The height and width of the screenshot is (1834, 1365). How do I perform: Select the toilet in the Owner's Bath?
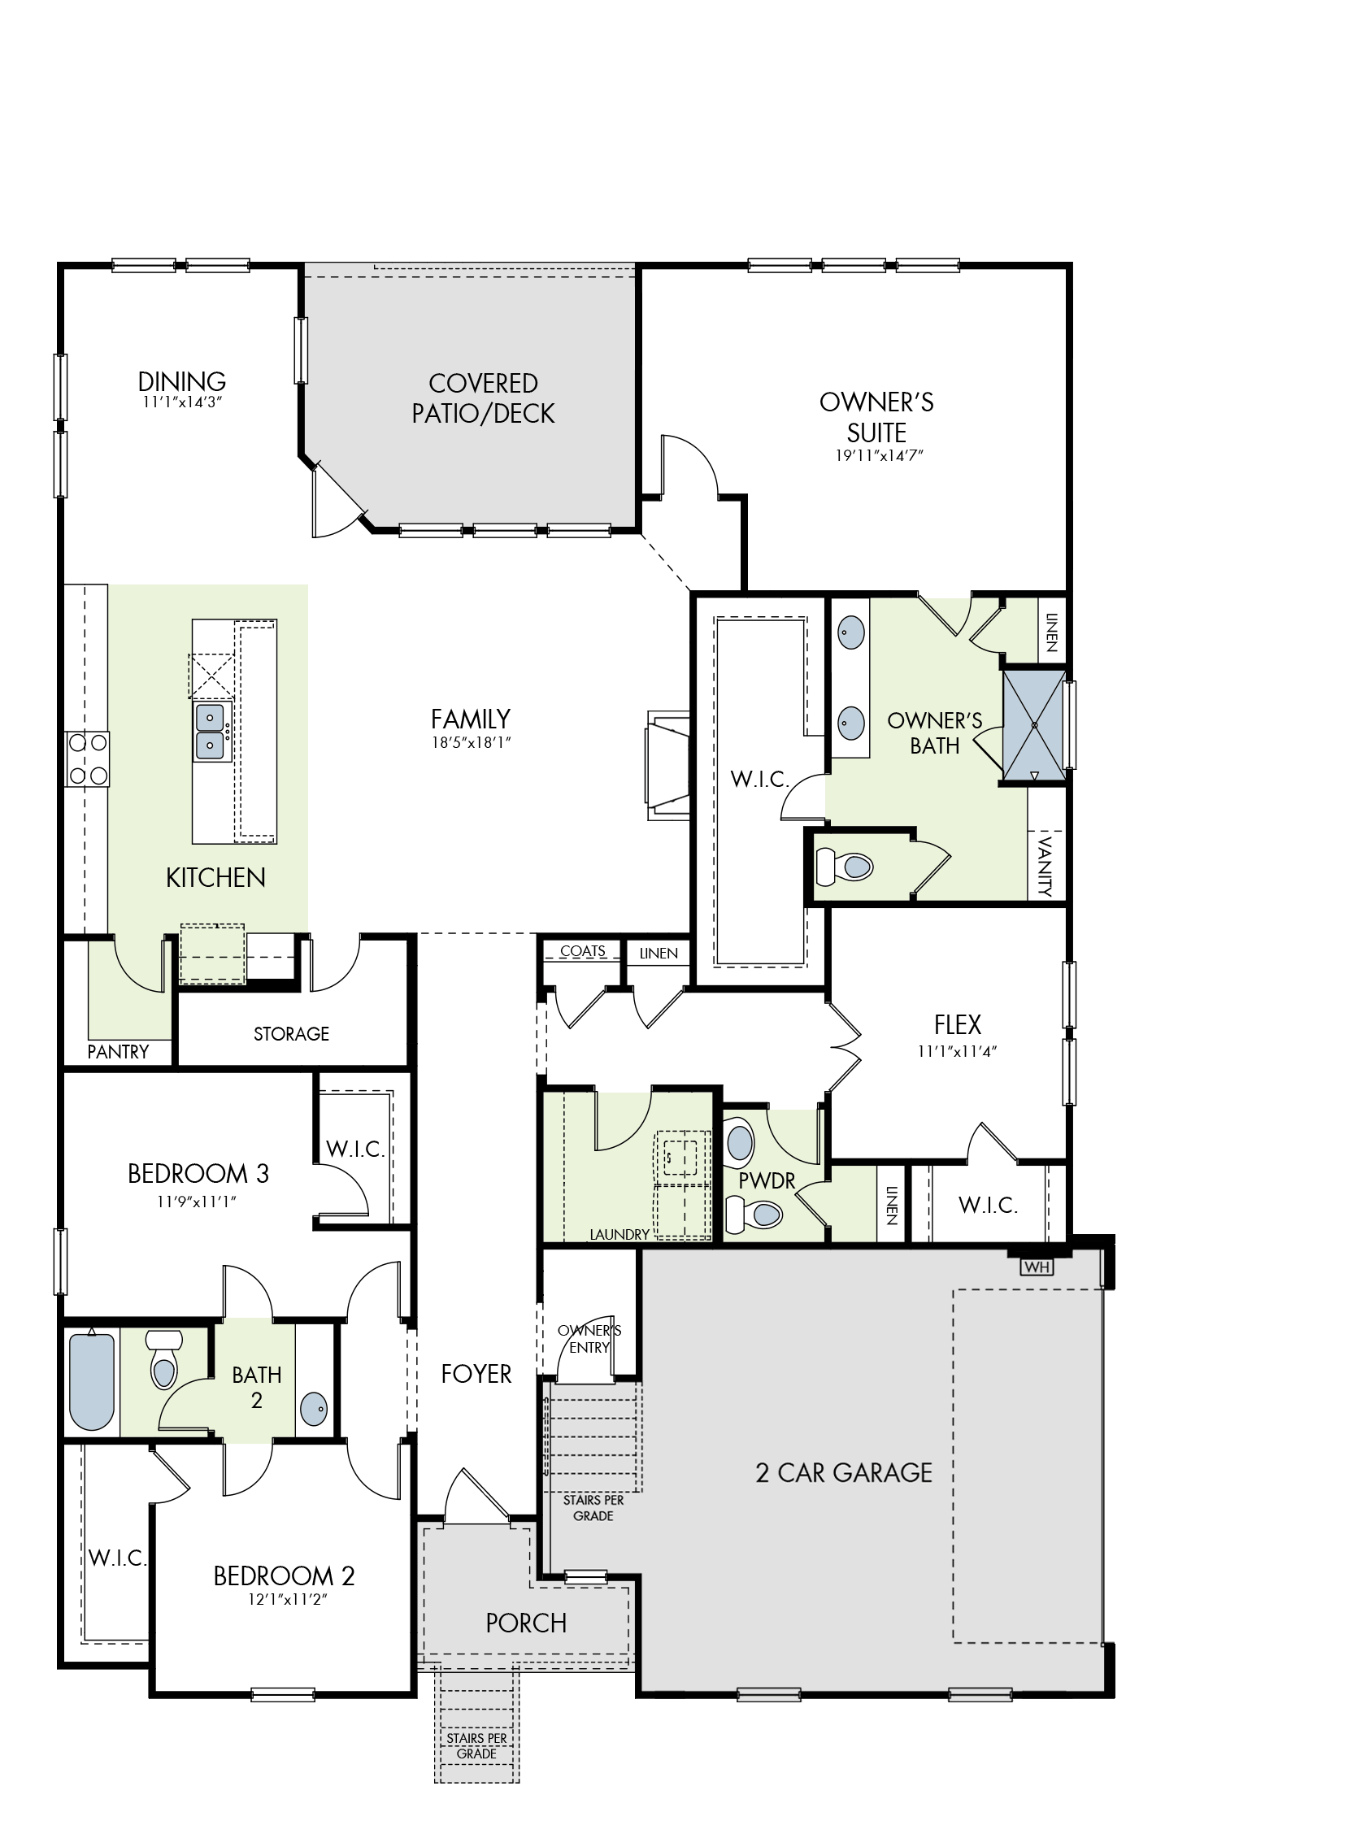[845, 867]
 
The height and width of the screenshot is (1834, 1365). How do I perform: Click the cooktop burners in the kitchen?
[88, 759]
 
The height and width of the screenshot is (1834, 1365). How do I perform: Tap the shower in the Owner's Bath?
[1033, 724]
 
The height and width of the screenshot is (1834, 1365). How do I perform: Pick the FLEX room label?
[958, 1024]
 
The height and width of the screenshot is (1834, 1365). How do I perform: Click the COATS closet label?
[583, 951]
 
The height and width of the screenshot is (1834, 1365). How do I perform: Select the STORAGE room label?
[291, 1033]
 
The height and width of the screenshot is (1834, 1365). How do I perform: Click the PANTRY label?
[118, 1052]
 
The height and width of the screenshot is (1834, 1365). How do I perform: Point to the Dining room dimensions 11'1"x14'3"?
[183, 402]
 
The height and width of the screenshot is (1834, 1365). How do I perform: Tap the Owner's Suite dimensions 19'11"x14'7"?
[878, 455]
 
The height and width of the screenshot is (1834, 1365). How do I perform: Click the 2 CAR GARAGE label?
[844, 1472]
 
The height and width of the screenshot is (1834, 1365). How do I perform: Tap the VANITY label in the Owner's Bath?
[1046, 866]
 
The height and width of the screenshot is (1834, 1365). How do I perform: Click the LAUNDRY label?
[619, 1234]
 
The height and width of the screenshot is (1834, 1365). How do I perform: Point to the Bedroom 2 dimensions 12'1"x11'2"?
[285, 1598]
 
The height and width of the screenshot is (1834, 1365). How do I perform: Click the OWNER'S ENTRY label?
[589, 1338]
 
